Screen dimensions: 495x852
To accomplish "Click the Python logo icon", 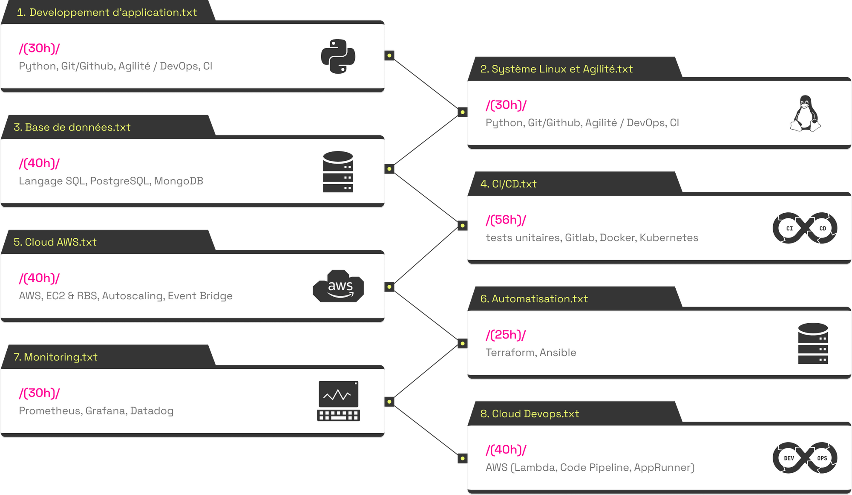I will click(338, 57).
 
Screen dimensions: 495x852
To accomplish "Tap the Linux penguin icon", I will click(805, 113).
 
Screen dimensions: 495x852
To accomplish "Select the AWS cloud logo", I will click(338, 287).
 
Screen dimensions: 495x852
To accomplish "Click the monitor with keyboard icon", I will click(338, 401).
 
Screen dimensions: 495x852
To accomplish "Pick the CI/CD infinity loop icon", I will click(805, 228).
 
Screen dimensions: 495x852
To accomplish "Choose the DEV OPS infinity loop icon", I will click(805, 458).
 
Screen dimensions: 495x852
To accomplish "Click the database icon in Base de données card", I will click(338, 172).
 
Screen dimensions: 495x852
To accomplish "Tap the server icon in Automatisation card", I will click(813, 344).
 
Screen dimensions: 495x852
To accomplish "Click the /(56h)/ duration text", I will click(506, 220).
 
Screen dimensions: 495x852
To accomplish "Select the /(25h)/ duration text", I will click(506, 335).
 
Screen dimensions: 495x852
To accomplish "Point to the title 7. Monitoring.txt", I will click(56, 357).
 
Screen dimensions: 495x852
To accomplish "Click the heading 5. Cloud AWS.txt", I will click(55, 242).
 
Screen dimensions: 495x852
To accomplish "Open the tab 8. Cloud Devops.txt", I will click(530, 414).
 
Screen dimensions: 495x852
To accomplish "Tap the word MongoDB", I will click(178, 181).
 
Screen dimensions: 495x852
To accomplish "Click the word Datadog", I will click(152, 411).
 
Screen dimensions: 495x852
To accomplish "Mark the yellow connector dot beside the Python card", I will click(389, 55).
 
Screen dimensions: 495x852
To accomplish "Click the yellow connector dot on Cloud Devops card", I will click(462, 458).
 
